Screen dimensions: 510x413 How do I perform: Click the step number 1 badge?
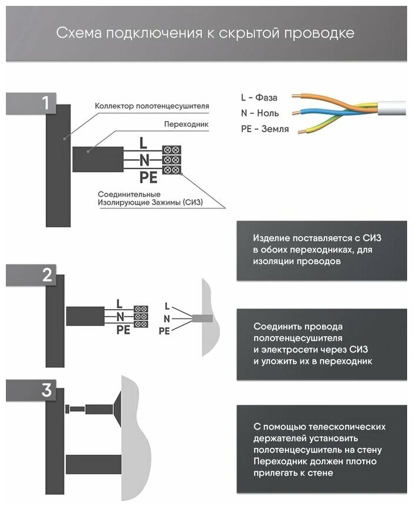click(x=45, y=103)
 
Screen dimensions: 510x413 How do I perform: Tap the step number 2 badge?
click(x=47, y=276)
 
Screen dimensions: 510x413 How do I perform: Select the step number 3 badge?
click(x=47, y=391)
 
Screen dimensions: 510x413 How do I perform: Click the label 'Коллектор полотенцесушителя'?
click(x=151, y=106)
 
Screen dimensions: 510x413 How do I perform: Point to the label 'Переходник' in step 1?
click(x=187, y=125)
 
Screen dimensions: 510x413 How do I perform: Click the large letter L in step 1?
click(x=143, y=142)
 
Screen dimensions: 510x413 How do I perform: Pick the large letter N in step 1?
click(x=144, y=159)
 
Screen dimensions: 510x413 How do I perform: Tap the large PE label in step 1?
click(x=149, y=176)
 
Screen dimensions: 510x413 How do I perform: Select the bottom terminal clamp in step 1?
click(x=171, y=170)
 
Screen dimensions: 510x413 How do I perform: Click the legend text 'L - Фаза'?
click(x=259, y=97)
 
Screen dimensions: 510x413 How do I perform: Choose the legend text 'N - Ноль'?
click(x=259, y=113)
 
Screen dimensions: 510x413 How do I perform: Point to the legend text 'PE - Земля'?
click(x=265, y=129)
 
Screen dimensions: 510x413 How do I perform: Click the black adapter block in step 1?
click(x=97, y=158)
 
